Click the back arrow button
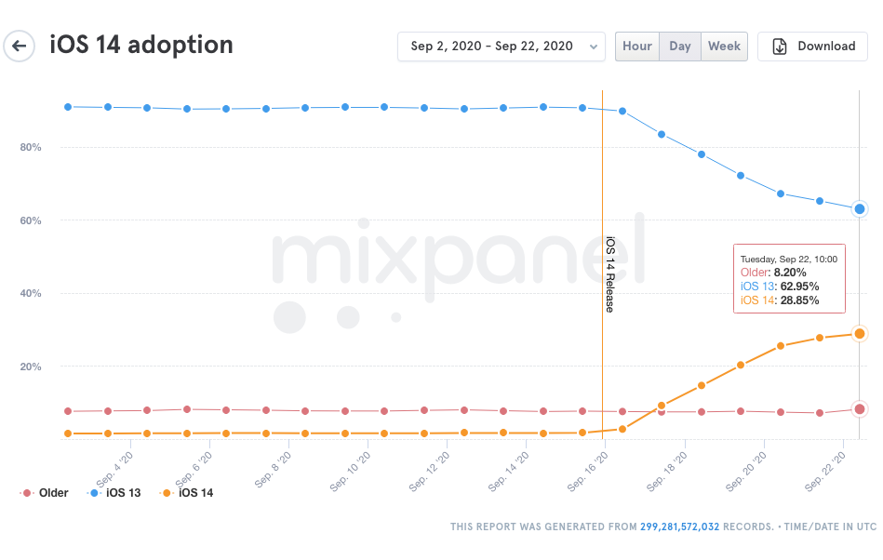(20, 47)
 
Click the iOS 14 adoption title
(141, 45)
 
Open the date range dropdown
(502, 47)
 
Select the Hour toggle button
(637, 47)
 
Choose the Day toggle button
(680, 47)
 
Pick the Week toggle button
(724, 47)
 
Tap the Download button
(812, 47)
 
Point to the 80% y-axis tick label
(31, 148)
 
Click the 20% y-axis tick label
(31, 367)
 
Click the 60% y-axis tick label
(31, 220)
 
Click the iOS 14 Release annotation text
(609, 274)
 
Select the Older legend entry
(45, 493)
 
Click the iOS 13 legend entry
(114, 493)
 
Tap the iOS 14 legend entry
(187, 493)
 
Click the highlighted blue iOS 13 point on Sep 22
(860, 208)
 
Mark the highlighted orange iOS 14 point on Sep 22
(860, 334)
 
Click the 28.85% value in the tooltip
(799, 300)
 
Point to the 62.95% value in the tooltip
(799, 287)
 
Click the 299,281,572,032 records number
(680, 527)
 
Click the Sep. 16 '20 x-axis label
(588, 472)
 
